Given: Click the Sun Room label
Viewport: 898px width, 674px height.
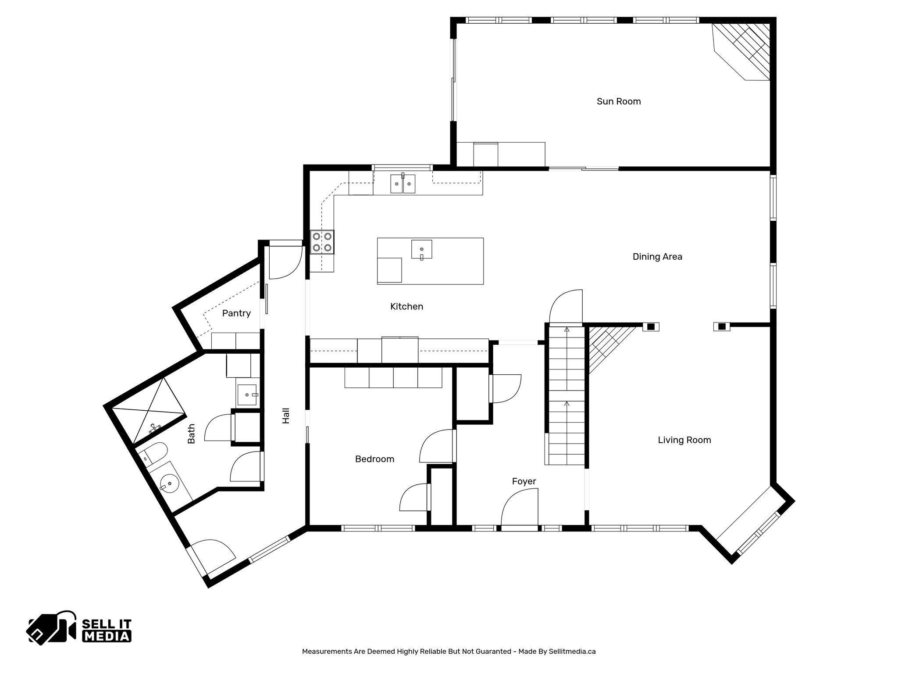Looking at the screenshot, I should [618, 101].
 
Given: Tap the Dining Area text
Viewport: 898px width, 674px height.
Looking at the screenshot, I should [657, 257].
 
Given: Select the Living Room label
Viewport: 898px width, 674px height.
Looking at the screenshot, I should [684, 440].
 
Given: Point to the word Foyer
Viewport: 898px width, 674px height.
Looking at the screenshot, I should [524, 481].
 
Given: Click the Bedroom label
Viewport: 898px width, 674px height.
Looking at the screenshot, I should [374, 459].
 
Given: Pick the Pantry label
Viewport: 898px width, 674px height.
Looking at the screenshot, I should [236, 313].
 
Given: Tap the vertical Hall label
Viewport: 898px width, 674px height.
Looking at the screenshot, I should [286, 416].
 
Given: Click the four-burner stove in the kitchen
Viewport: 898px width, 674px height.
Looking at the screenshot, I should [322, 242].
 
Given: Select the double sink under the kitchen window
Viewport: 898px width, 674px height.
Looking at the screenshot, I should [403, 183].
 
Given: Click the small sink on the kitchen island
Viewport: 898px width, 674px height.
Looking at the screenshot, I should [421, 249].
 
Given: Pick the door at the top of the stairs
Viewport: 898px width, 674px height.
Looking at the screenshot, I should [567, 307].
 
